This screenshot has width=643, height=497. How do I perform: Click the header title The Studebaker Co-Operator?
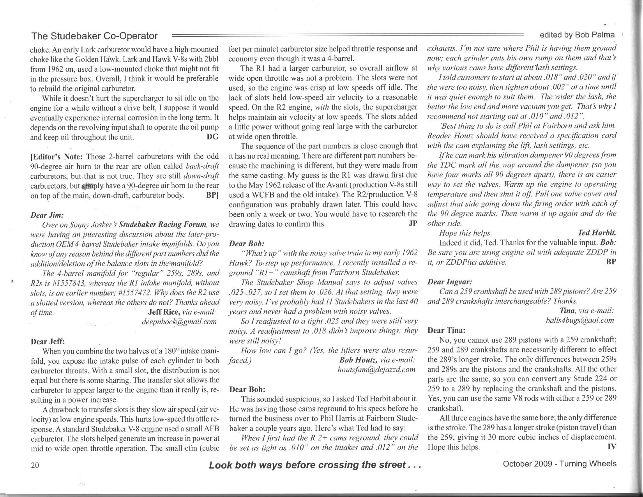[94, 36]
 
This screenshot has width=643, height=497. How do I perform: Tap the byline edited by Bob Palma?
[577, 35]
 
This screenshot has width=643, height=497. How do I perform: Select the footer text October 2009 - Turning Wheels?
[560, 463]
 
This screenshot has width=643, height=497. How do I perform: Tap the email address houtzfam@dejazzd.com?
[376, 370]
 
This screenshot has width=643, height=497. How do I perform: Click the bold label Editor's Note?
[57, 157]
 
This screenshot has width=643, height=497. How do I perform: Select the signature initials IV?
[612, 447]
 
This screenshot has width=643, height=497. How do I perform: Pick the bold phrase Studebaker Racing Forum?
[162, 225]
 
